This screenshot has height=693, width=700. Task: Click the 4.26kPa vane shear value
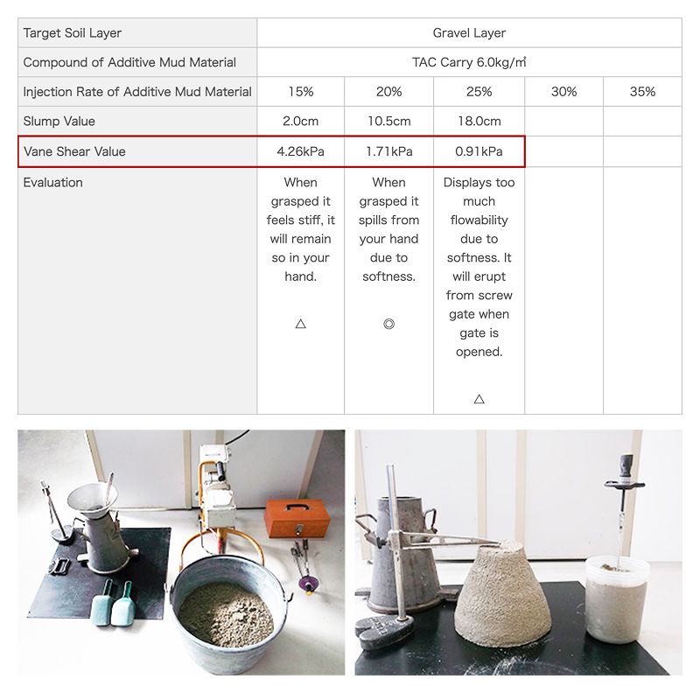(x=300, y=152)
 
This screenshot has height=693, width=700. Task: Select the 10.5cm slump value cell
(x=388, y=122)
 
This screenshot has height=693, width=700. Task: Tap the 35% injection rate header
(x=642, y=92)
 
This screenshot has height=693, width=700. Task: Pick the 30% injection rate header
(x=563, y=92)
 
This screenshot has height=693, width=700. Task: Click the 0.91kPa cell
(x=479, y=152)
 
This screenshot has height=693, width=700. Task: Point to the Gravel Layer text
(x=469, y=33)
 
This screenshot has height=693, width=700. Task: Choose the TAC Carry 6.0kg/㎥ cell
(x=469, y=62)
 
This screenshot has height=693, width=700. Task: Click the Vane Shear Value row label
(x=74, y=152)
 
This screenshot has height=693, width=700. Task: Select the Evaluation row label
(x=52, y=183)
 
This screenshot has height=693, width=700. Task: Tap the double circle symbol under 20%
(x=388, y=324)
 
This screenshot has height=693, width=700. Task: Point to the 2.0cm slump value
(x=300, y=122)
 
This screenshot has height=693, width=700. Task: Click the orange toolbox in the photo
(x=297, y=518)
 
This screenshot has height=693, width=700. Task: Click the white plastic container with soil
(x=617, y=598)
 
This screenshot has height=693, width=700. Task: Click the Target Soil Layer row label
(x=73, y=33)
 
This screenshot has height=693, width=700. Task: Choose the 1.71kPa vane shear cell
(x=388, y=152)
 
